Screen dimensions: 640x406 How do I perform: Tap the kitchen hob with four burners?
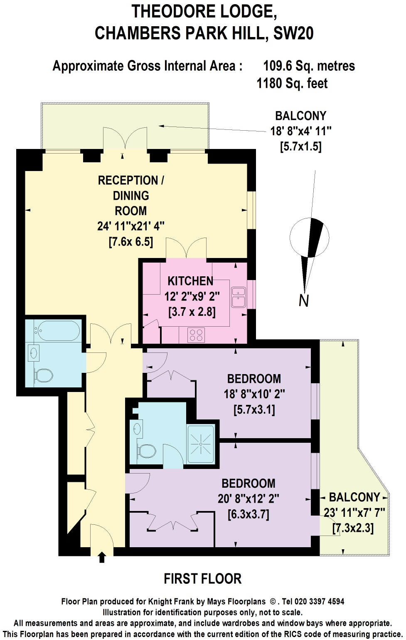click(x=196, y=335)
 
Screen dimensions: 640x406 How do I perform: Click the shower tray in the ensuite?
click(x=201, y=444)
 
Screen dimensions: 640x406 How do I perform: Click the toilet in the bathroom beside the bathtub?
click(x=43, y=375)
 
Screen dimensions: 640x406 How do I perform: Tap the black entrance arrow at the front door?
click(x=102, y=557)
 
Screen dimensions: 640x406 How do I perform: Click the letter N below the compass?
click(x=304, y=300)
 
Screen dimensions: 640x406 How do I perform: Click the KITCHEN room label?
click(x=190, y=281)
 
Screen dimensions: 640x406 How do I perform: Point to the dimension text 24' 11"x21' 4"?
click(x=131, y=226)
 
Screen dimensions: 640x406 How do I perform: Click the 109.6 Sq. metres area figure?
click(x=309, y=66)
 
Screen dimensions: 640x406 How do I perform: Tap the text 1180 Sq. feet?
click(x=292, y=84)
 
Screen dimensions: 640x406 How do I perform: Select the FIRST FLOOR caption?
click(x=202, y=579)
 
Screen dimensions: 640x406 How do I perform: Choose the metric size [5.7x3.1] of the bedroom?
click(x=254, y=410)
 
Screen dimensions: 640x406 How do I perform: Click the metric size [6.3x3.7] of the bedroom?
click(x=249, y=514)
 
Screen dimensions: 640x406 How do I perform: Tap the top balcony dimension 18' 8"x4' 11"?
click(x=301, y=131)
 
